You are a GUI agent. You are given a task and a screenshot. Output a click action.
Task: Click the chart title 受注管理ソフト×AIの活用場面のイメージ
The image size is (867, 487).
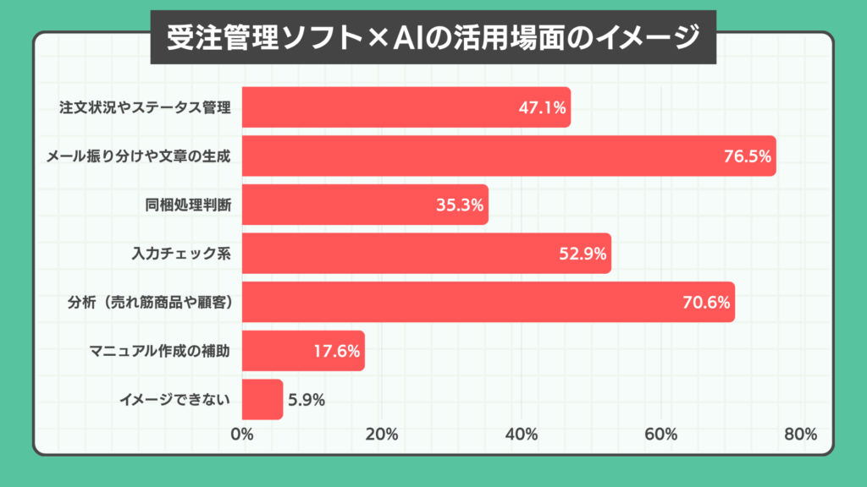pyautogui.click(x=433, y=36)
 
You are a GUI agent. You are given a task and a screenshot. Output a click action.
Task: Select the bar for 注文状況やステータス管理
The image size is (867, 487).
pyautogui.click(x=406, y=107)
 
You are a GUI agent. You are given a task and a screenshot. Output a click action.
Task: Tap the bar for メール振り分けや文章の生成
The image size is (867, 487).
pyautogui.click(x=508, y=156)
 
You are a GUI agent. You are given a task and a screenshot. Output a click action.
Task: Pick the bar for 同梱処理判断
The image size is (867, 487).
pyautogui.click(x=365, y=205)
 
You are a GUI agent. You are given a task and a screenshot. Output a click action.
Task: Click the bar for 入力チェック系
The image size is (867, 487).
pyautogui.click(x=426, y=254)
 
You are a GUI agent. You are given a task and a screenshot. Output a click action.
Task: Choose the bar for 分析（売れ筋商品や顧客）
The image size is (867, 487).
pyautogui.click(x=488, y=302)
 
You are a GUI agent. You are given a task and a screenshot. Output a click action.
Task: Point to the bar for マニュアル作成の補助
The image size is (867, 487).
pyautogui.click(x=303, y=351)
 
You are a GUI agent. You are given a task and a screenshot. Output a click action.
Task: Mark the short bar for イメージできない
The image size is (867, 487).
pyautogui.click(x=262, y=399)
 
